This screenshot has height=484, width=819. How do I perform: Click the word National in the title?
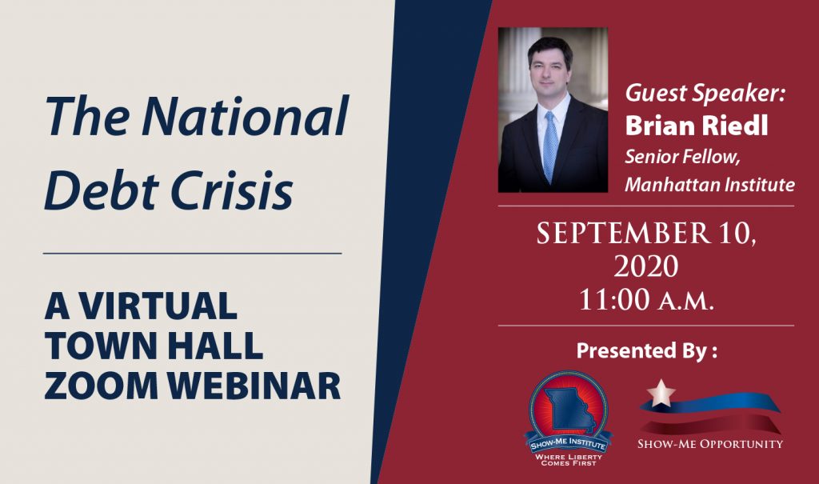pyautogui.click(x=245, y=117)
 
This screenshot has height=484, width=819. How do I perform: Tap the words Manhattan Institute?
pyautogui.click(x=709, y=185)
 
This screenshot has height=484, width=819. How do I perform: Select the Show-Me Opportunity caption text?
pyautogui.click(x=709, y=443)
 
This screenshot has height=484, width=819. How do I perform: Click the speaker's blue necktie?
pyautogui.click(x=550, y=144)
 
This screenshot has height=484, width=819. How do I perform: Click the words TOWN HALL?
pyautogui.click(x=154, y=346)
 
